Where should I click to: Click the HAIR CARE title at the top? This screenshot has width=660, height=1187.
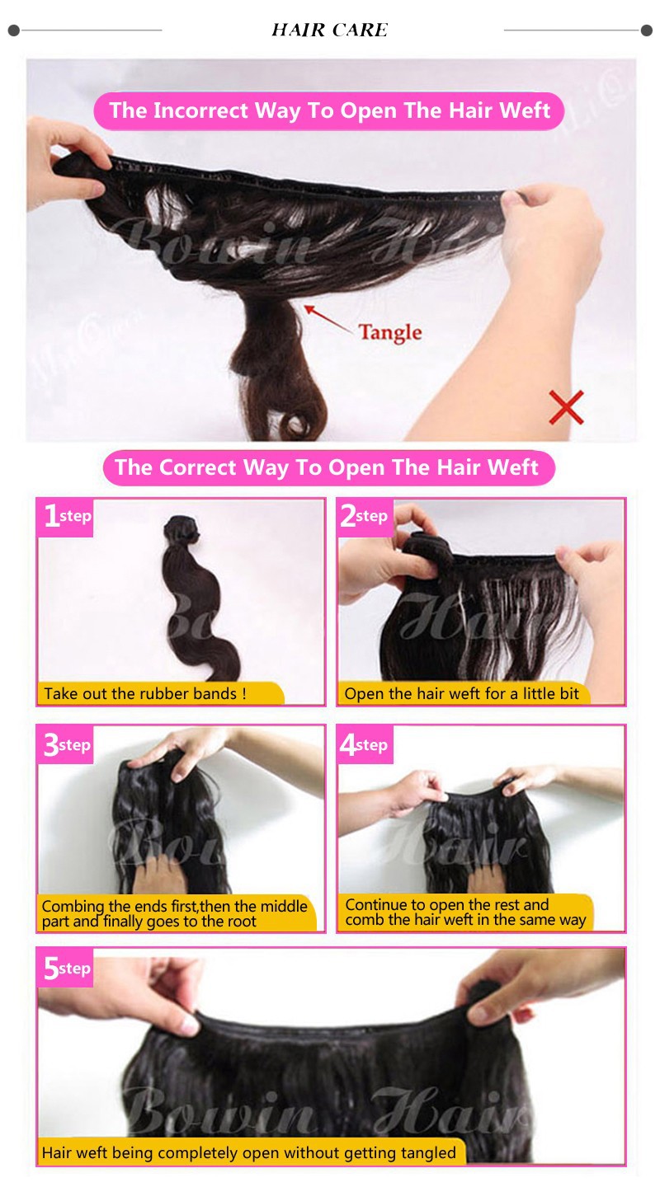pos(329,30)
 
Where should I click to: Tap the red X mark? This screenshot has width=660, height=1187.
pos(566,407)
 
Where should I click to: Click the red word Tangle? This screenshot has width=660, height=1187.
pos(390,332)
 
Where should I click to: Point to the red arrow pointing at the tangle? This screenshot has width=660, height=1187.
pos(328,319)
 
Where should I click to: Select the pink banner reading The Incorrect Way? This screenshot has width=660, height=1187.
pos(329,110)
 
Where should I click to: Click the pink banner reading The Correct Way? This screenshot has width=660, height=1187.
pos(329,467)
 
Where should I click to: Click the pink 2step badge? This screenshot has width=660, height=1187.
pos(365,517)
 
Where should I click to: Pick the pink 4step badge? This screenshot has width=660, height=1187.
pos(365,744)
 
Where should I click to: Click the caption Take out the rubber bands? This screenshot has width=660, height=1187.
pos(145,694)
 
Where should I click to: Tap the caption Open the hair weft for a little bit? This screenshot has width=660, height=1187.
pos(461,694)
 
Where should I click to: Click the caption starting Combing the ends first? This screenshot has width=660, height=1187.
pos(175,913)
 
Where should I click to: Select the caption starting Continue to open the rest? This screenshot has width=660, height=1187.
pos(465,913)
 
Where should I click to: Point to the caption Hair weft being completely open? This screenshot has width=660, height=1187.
pos(249,1152)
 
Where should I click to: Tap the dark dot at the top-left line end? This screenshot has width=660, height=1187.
pos(14,30)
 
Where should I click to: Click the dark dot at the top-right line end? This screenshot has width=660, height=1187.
pos(646,30)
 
